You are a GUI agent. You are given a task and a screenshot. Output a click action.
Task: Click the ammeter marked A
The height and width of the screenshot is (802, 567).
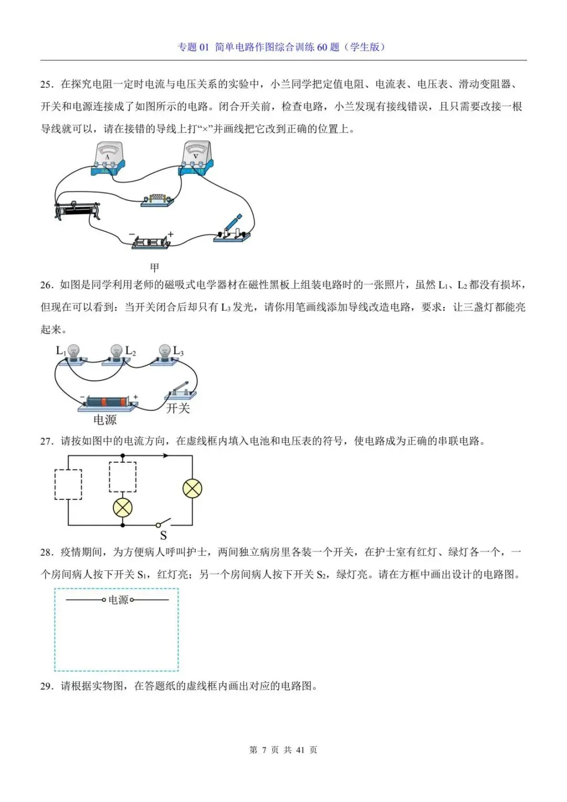pos(108,158)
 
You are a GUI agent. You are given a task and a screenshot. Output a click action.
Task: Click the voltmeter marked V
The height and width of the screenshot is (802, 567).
pos(196,158)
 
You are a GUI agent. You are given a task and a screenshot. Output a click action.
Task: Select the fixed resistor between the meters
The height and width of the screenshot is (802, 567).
pos(157,200)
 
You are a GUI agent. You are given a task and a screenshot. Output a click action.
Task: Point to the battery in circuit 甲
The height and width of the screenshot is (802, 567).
pos(151,242)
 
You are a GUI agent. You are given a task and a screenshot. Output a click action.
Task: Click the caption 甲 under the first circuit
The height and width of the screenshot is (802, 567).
pos(154,267)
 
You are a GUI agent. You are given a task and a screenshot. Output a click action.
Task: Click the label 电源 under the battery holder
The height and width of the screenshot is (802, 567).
pos(104,420)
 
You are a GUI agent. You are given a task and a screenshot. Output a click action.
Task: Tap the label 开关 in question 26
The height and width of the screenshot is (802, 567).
pos(177,408)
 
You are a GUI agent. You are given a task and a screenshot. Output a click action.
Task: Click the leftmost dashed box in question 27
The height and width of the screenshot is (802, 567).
pos(68,484)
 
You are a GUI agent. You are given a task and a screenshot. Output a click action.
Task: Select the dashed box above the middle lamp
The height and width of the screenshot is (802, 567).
pos(122,477)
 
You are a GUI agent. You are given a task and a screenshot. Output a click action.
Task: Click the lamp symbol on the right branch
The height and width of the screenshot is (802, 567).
pos(192,489)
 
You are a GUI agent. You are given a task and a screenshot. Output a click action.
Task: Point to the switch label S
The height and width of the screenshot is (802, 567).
pos(163,535)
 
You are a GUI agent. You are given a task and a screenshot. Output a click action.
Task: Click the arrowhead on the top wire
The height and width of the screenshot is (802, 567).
pos(165,455)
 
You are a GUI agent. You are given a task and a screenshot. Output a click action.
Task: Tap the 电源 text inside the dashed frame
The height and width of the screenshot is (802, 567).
pos(118,600)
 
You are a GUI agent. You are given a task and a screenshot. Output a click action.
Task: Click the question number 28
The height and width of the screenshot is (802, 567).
pos(46,552)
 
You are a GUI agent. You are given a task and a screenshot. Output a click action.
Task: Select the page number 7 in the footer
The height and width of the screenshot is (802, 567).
pos(264,750)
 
